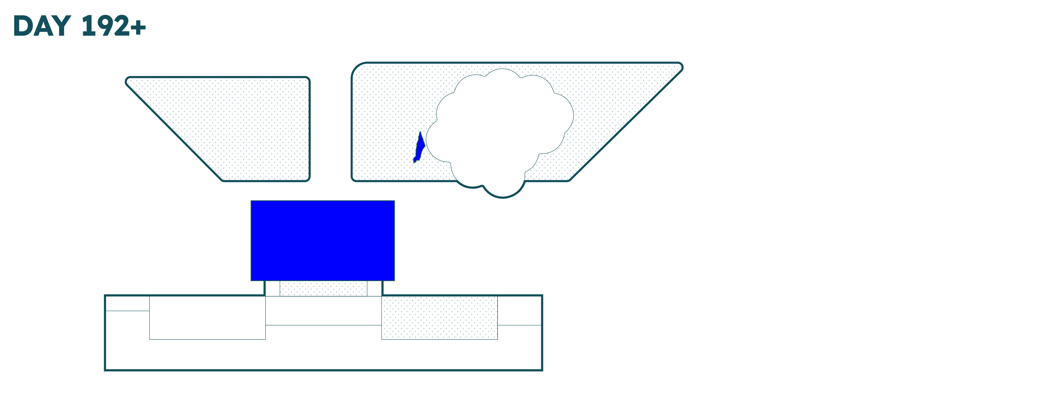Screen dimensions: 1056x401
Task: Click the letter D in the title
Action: [x=23, y=26]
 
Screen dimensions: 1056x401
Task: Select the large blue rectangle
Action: [x=323, y=241]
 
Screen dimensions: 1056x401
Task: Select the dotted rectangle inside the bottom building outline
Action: [x=439, y=318]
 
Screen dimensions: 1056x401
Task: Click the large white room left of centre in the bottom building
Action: [x=208, y=318]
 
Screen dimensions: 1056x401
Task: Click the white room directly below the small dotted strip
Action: [x=323, y=310]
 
